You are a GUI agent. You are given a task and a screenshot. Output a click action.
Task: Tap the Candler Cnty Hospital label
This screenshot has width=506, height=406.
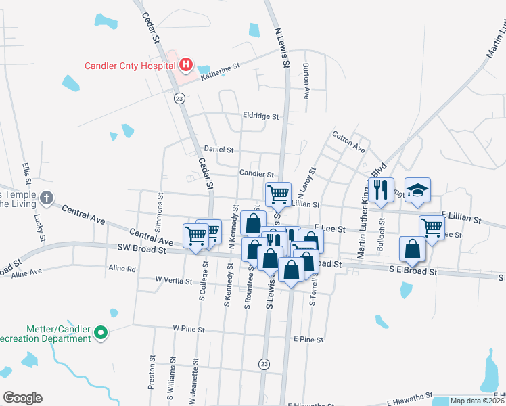pyautogui.click(x=130, y=66)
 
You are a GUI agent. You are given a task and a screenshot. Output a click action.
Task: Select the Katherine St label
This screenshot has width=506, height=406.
pyautogui.click(x=221, y=70)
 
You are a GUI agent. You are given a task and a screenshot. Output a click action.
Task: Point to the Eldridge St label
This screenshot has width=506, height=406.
pyautogui.click(x=261, y=116)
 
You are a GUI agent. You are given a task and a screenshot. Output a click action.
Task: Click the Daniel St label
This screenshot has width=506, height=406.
pyautogui.click(x=218, y=149)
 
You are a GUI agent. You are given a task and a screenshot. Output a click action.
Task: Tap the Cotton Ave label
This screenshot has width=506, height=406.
pyautogui.click(x=349, y=141)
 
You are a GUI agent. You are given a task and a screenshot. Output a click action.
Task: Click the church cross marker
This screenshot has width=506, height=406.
pyautogui.click(x=46, y=198)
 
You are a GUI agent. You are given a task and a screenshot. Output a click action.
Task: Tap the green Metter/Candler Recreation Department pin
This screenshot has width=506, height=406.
pyautogui.click(x=101, y=332)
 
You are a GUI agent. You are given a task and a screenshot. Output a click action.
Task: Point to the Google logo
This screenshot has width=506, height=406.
pyautogui.click(x=22, y=398)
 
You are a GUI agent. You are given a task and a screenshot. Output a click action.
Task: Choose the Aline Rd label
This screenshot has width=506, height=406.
pyautogui.click(x=122, y=269)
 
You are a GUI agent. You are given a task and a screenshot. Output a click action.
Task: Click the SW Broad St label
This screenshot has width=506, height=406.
pyautogui.click(x=141, y=250)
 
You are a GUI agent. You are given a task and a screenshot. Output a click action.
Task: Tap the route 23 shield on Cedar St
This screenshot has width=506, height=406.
pyautogui.click(x=179, y=99)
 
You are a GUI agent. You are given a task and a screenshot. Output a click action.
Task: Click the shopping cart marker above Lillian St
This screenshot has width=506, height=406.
pyautogui.click(x=278, y=194)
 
